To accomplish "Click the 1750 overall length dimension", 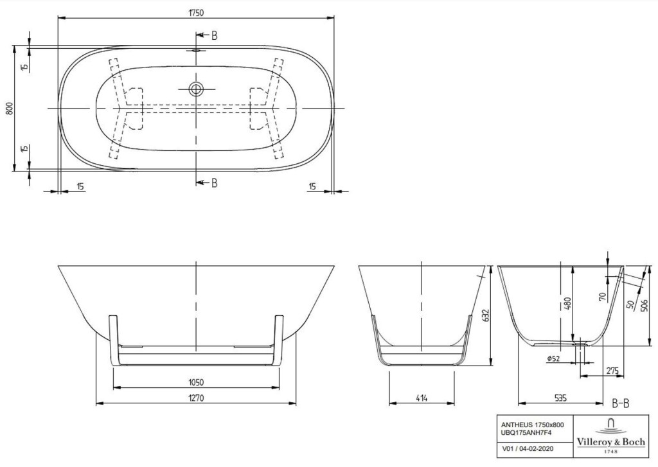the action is click(195, 13).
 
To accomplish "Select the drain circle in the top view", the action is click(195, 89).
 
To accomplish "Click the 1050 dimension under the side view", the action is click(196, 382).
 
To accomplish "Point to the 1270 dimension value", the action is click(196, 398).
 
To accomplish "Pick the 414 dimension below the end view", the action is click(422, 398).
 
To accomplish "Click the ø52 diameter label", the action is click(553, 358).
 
